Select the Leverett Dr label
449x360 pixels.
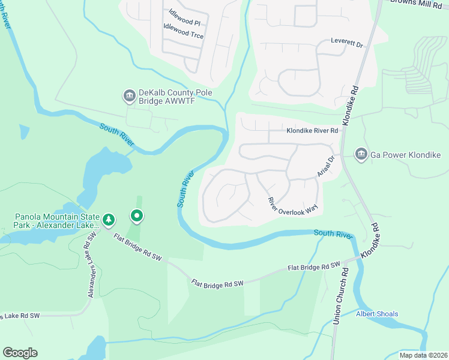point(348,44)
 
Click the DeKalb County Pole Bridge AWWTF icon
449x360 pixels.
point(129,95)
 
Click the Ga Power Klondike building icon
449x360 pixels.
point(361,155)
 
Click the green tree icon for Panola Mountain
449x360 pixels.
point(109,220)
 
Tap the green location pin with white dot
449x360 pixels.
point(137,215)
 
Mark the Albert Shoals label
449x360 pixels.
point(377,314)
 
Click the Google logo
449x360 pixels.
point(20,353)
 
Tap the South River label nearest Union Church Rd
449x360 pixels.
point(331,233)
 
